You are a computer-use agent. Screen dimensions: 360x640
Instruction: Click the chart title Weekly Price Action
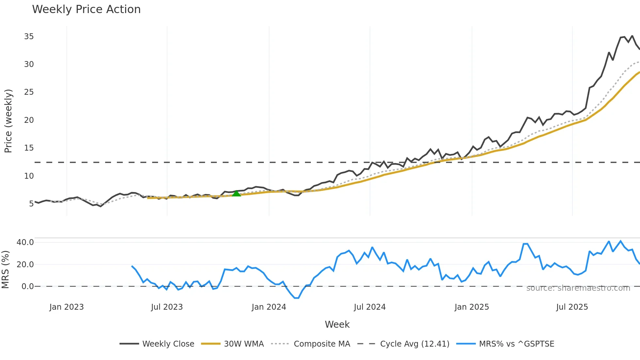(x=86, y=9)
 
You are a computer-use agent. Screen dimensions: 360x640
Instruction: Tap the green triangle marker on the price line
(x=236, y=193)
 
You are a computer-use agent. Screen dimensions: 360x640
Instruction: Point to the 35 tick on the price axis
(x=29, y=37)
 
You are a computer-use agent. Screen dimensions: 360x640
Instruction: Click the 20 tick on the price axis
(x=29, y=120)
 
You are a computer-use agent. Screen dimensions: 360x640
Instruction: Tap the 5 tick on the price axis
(x=31, y=204)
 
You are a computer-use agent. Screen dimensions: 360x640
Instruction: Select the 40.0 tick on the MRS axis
(x=25, y=242)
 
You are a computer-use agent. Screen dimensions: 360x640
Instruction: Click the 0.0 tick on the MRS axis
(x=27, y=286)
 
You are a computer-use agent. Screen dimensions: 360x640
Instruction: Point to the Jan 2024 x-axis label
(x=269, y=307)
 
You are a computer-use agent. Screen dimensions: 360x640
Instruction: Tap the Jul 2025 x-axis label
(x=572, y=307)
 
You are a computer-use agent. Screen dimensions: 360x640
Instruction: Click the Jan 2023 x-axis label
(x=67, y=307)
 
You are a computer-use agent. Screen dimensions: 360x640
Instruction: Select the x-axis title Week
(x=337, y=324)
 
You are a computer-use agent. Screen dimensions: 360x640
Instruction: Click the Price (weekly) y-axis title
(x=8, y=121)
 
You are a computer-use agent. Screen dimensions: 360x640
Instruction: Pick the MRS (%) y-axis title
(x=5, y=270)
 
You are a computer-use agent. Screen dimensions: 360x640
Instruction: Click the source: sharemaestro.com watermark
(x=578, y=288)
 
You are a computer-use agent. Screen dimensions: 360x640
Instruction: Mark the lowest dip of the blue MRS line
(x=296, y=298)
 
